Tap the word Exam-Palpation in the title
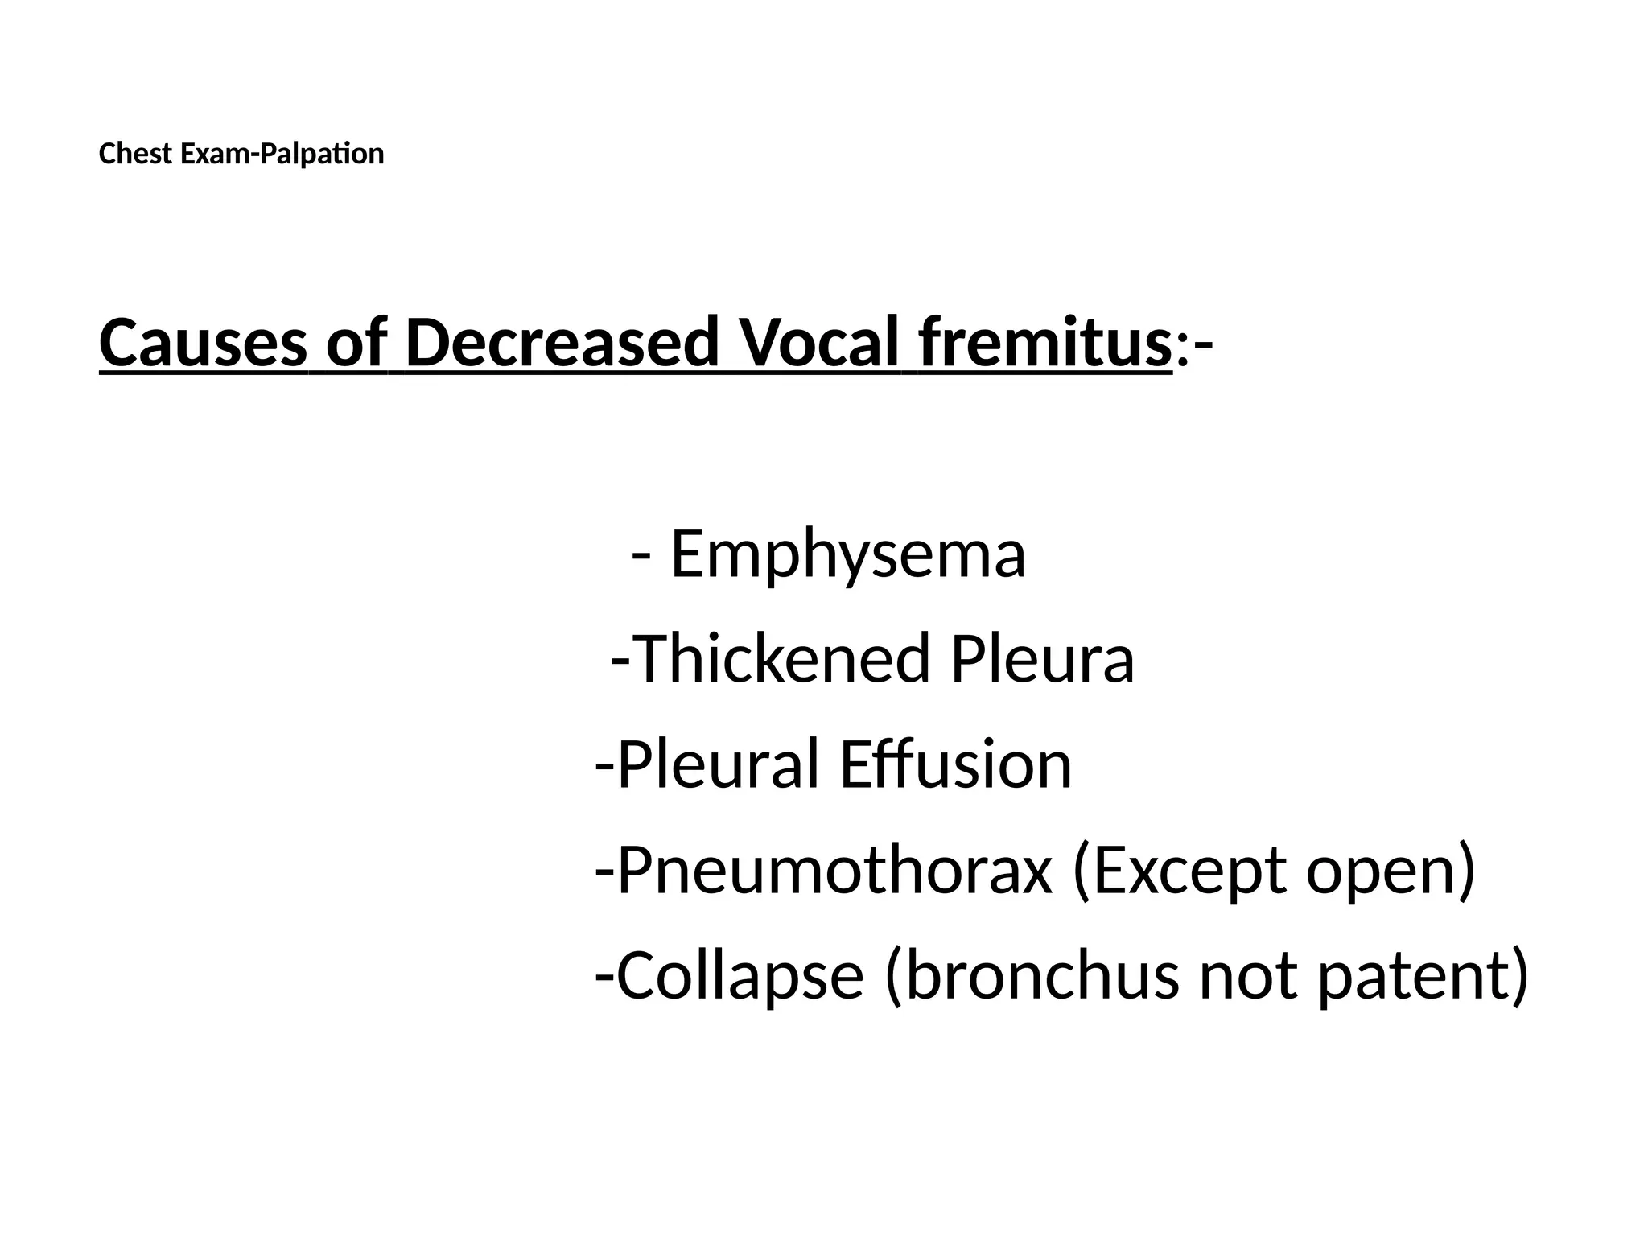[282, 154]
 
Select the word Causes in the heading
[204, 343]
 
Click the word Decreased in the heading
[562, 343]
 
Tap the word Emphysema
[847, 554]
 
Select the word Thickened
[782, 659]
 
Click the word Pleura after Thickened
[1042, 659]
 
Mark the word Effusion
[955, 764]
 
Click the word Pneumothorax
[834, 871]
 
